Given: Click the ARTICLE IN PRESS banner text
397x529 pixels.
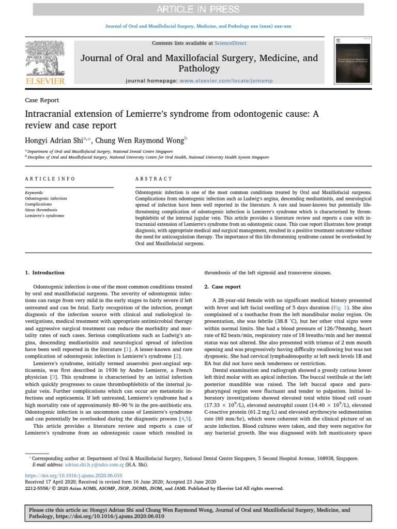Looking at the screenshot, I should (x=198, y=9).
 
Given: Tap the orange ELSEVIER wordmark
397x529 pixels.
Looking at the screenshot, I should (x=45, y=81).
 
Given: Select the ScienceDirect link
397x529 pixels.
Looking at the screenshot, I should (x=231, y=43).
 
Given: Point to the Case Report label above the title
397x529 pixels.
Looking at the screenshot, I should (x=42, y=100).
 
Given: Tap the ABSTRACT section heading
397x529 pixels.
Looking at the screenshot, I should (x=154, y=179).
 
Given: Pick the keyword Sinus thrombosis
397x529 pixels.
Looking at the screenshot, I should (x=41, y=210).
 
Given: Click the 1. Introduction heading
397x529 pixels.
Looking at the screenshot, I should (x=45, y=272).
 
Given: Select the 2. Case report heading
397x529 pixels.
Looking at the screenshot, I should (x=222, y=286).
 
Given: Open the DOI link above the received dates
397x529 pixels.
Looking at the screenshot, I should (x=73, y=475).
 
